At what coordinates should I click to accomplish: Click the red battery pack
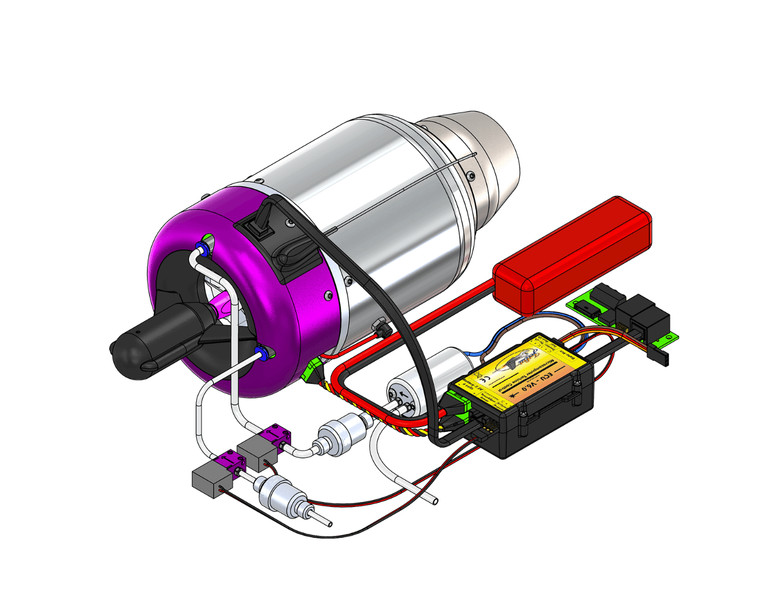coord(573,254)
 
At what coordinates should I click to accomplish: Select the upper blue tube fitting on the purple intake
coord(202,249)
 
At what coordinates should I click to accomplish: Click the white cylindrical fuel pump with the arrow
coord(427,378)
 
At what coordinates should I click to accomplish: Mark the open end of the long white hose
coord(434,500)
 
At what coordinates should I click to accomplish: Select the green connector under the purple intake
coord(313,372)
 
